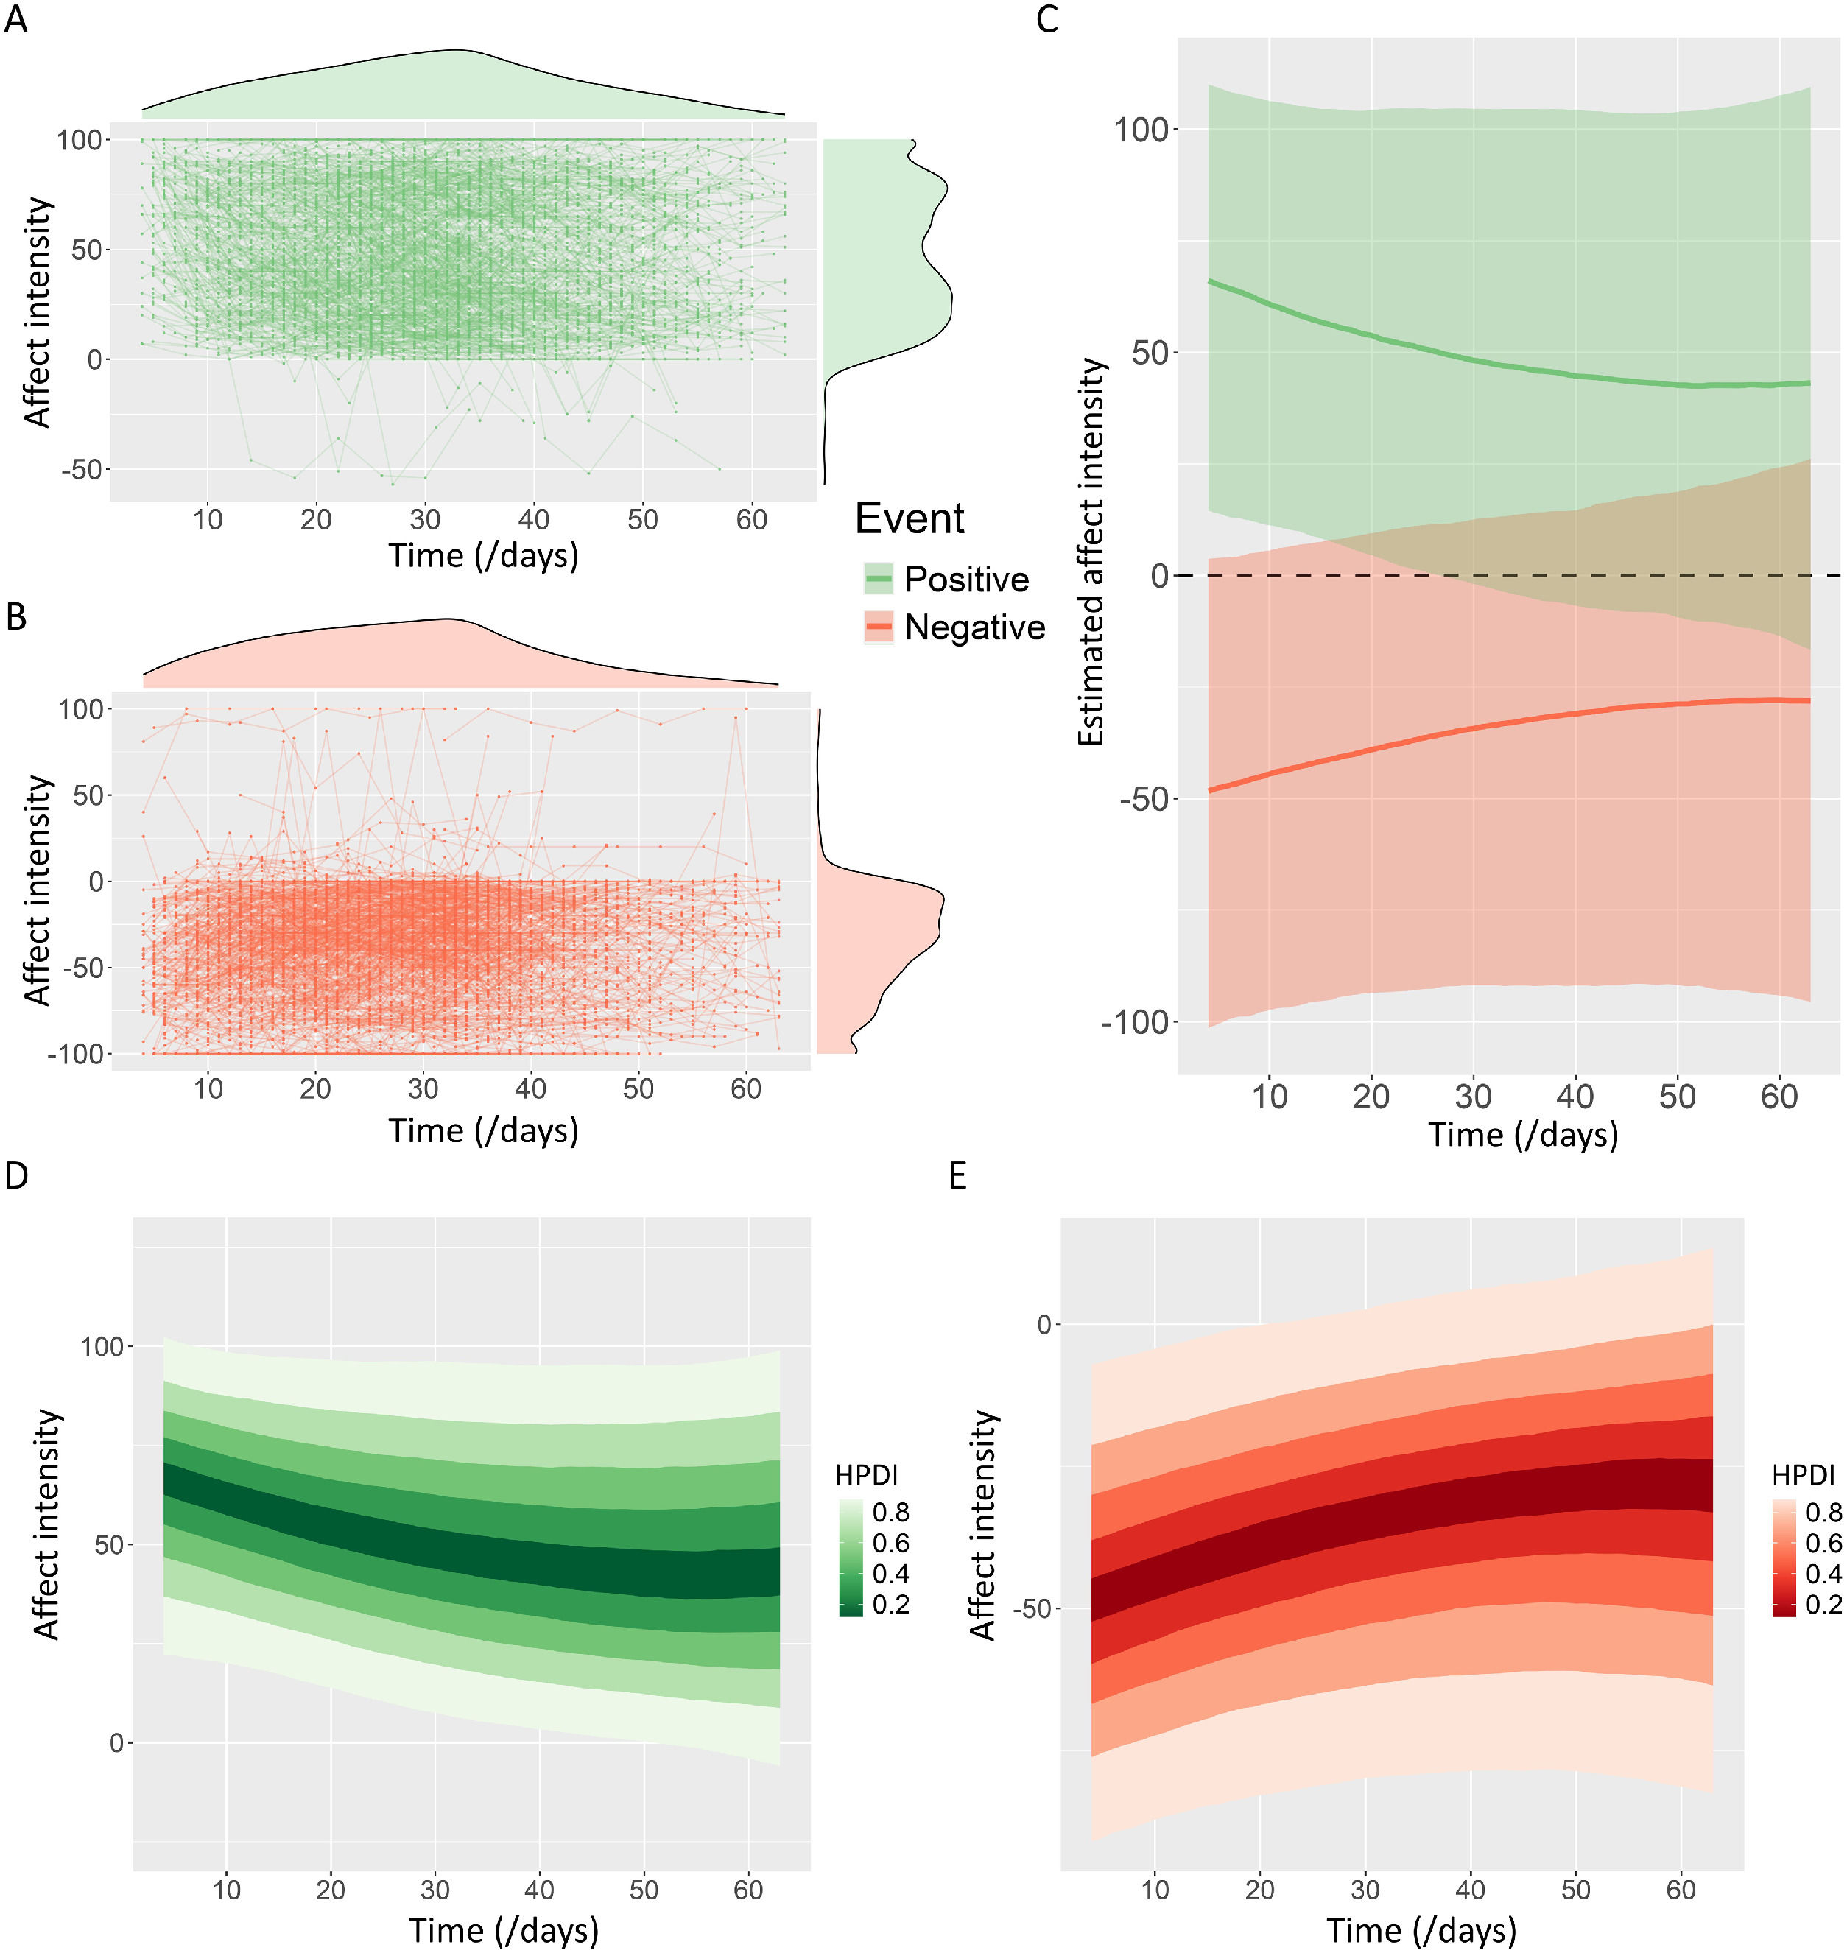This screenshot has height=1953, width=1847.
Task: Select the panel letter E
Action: pos(957,1175)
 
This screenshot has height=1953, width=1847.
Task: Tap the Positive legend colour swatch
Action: pos(877,579)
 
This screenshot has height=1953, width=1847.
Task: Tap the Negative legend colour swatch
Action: pos(877,627)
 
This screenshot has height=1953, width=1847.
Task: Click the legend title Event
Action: pos(909,518)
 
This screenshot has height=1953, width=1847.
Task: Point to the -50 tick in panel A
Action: pos(82,470)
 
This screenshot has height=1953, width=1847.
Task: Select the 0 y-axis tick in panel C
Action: pos(1159,576)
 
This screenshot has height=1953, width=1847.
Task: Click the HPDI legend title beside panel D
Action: pos(865,1474)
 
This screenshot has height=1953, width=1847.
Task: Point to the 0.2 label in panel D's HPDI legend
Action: pos(890,1605)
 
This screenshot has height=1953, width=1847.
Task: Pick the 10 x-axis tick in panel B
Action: pos(208,1088)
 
